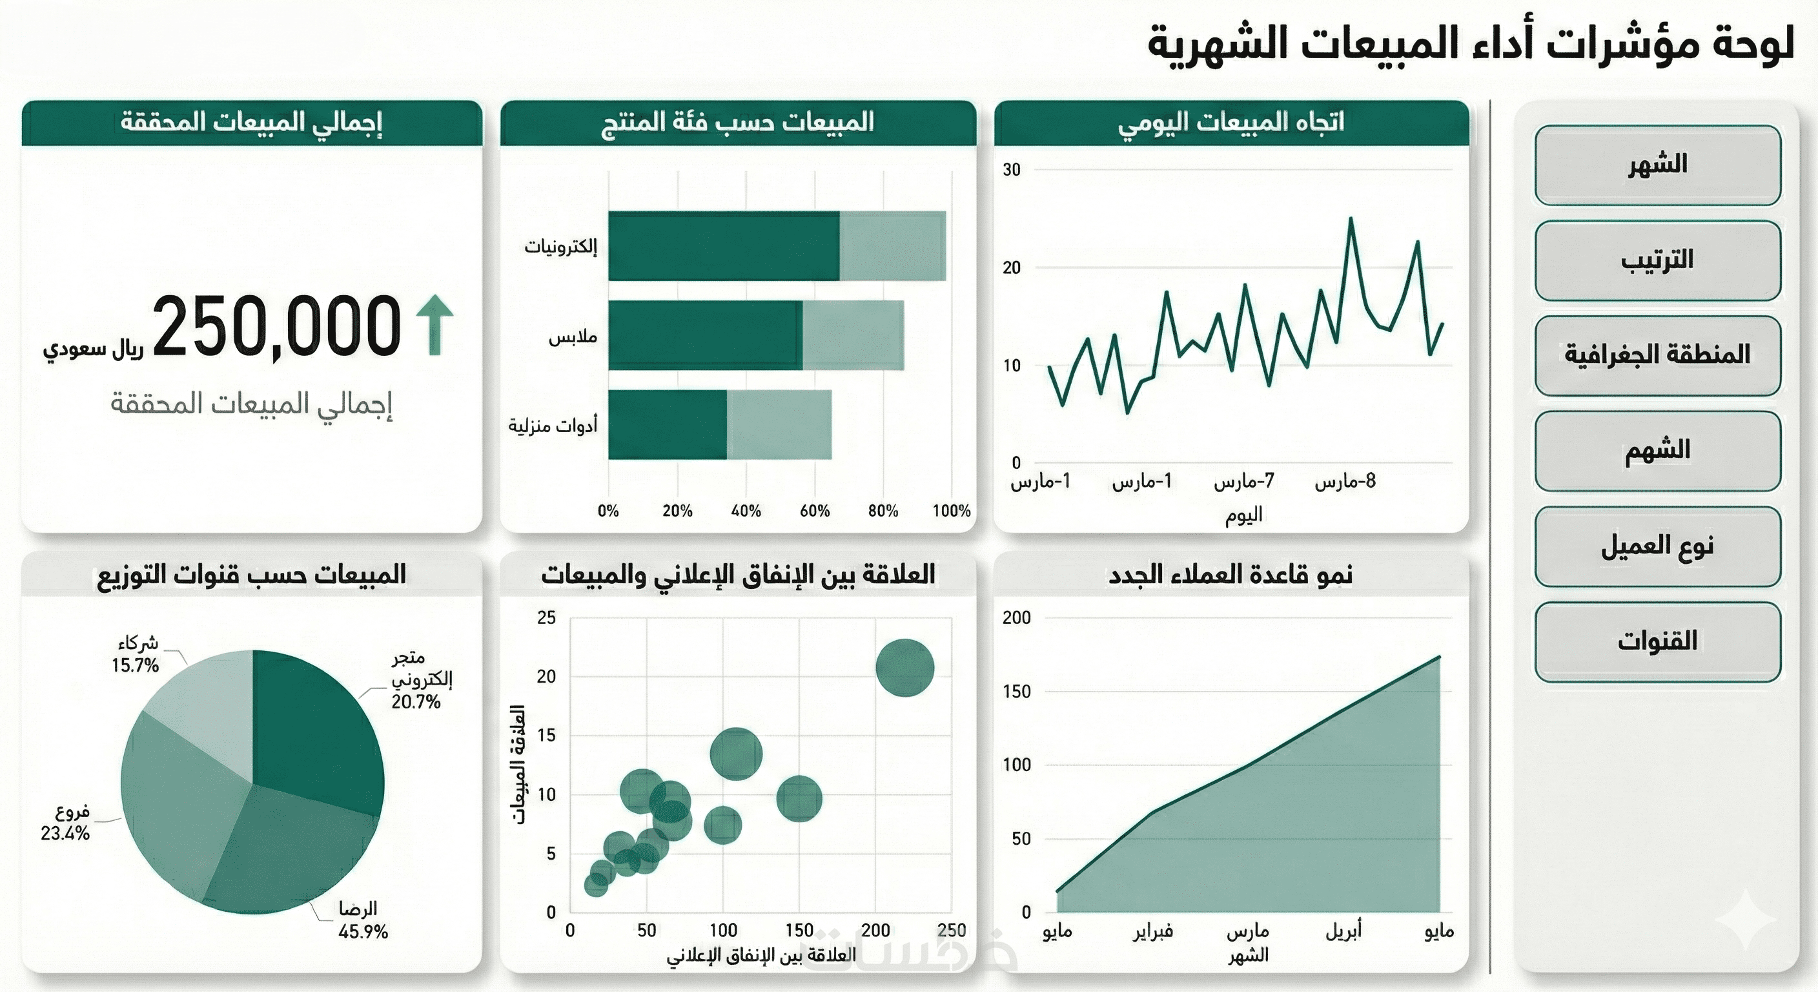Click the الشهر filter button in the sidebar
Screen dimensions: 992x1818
(1657, 165)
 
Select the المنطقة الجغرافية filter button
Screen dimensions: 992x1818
(1657, 355)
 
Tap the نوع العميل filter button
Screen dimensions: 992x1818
(1657, 546)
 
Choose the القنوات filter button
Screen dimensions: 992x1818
(1657, 641)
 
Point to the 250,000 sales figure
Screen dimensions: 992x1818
(277, 326)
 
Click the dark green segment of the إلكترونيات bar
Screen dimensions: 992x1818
(723, 245)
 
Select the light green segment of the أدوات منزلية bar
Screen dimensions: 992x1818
(779, 424)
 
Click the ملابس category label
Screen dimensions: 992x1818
(573, 336)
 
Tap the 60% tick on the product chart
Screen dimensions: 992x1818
(815, 510)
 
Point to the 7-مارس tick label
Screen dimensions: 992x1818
(1243, 482)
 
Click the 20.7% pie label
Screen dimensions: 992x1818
(416, 702)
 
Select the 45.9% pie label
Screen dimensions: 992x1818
(363, 932)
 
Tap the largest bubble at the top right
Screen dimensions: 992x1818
(904, 667)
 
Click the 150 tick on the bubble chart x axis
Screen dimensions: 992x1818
(799, 931)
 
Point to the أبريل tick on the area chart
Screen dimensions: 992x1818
(1343, 931)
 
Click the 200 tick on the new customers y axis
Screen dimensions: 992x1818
(1016, 618)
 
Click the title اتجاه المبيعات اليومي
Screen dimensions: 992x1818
(1231, 122)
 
